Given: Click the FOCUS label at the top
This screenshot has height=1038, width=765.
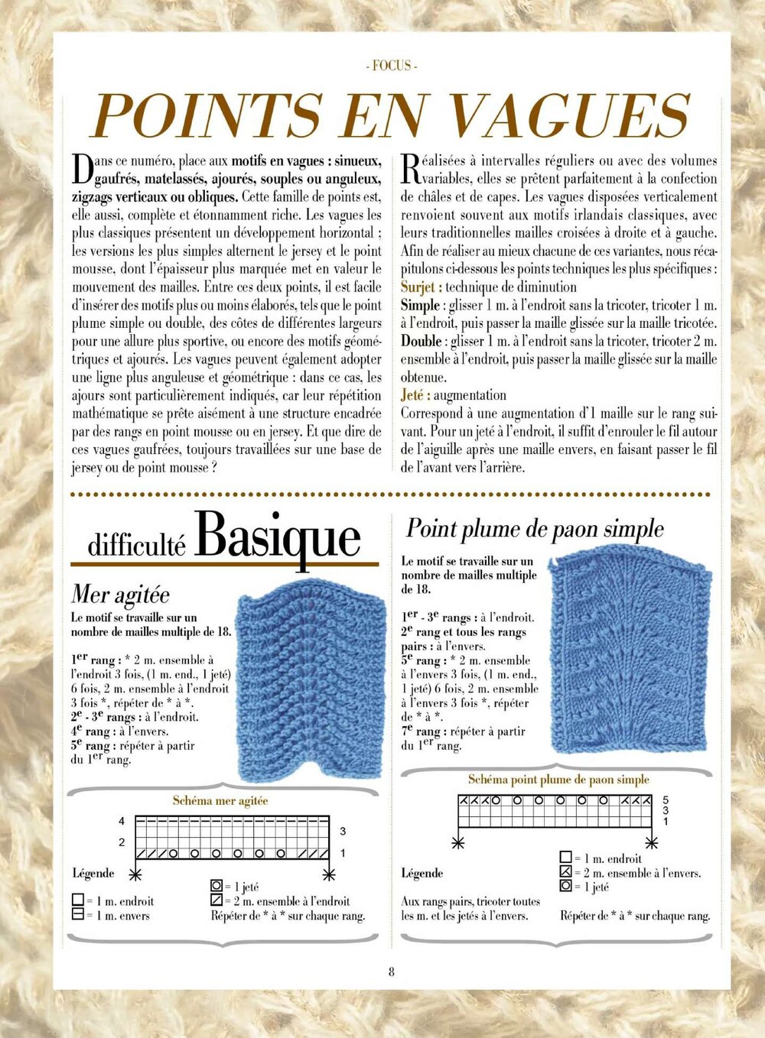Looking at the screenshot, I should point(392,66).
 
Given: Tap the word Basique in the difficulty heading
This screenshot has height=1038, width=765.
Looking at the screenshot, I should point(277,537).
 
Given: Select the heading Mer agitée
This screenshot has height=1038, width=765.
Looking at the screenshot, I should point(120,594).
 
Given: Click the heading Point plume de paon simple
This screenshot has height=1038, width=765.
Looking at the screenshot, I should point(535,528).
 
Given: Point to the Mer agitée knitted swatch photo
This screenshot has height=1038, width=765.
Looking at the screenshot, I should point(311,685).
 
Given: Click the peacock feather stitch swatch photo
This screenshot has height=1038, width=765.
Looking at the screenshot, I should point(630,651).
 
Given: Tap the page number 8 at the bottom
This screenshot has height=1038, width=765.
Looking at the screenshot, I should point(392,972).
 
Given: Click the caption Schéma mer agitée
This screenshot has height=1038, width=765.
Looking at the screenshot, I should point(220,800).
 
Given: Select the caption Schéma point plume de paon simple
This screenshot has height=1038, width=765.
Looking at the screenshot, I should point(558,780).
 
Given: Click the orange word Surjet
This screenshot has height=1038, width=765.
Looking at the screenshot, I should point(421,287).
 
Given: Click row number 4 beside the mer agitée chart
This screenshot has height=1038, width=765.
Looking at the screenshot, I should point(122,822).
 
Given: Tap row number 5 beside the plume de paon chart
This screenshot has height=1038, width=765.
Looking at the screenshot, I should point(666,800).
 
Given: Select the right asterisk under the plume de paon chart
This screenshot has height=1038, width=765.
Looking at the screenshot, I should point(652,843).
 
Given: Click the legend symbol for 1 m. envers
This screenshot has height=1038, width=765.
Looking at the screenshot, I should point(77,915).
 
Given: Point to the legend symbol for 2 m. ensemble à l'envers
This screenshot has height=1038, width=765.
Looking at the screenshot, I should point(566,872).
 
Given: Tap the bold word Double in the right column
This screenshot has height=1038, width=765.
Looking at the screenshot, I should point(422,341).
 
